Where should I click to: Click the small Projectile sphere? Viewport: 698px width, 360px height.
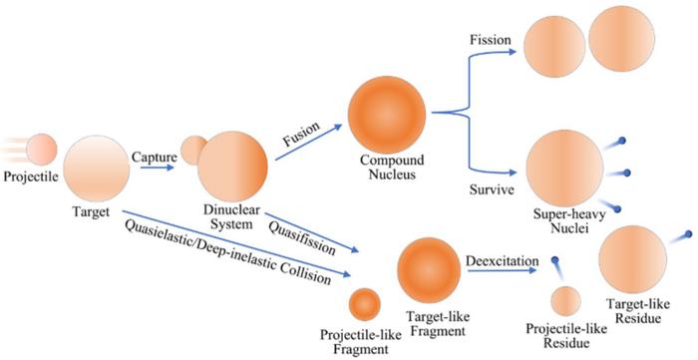click(42, 150)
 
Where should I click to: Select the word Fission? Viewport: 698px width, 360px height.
click(490, 40)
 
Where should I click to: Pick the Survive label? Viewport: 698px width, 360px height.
click(491, 187)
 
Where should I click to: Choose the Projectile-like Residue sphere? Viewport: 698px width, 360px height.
click(566, 301)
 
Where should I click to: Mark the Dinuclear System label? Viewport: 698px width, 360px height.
click(230, 216)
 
